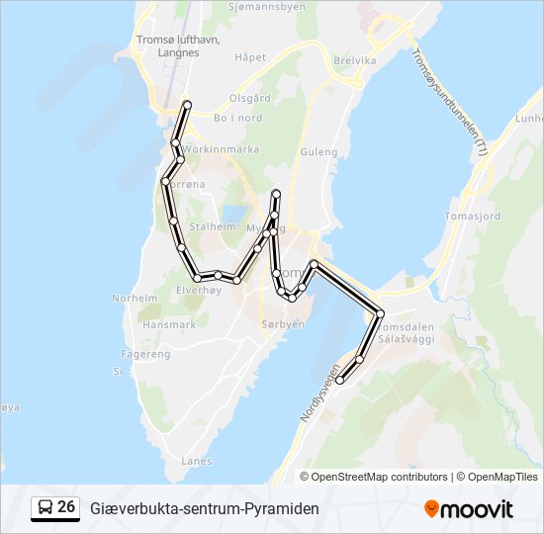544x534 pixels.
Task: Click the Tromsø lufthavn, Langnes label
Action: pyautogui.click(x=177, y=46)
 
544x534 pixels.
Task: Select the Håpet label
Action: pyautogui.click(x=250, y=57)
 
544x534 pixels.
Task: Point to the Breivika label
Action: pyautogui.click(x=355, y=60)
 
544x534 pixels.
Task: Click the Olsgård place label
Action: pyautogui.click(x=250, y=98)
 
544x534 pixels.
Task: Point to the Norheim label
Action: pyautogui.click(x=135, y=298)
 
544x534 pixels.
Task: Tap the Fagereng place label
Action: pyautogui.click(x=145, y=353)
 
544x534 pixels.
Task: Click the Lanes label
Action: pyautogui.click(x=197, y=460)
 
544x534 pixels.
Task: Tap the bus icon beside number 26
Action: pyautogui.click(x=45, y=508)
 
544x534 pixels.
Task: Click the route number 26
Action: pyautogui.click(x=66, y=507)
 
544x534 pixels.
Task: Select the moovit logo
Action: pyautogui.click(x=469, y=509)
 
